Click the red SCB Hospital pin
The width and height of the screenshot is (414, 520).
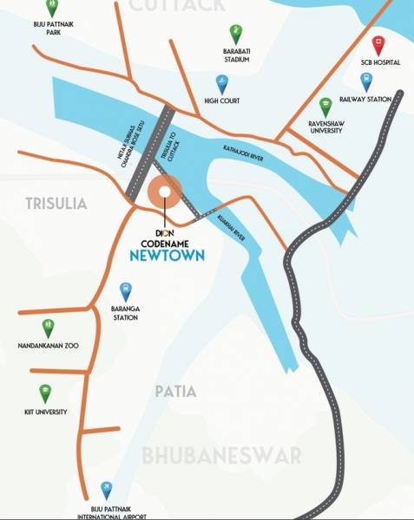(x=378, y=45)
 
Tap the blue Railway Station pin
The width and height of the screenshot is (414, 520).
(x=366, y=81)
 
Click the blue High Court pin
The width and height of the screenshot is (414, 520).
(x=221, y=83)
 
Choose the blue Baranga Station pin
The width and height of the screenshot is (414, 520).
(x=126, y=291)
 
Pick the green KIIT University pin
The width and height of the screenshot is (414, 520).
(x=44, y=393)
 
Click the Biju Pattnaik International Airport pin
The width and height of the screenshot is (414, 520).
(x=106, y=491)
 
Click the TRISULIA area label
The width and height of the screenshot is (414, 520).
(x=44, y=204)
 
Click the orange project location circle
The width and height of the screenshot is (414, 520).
(x=162, y=192)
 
